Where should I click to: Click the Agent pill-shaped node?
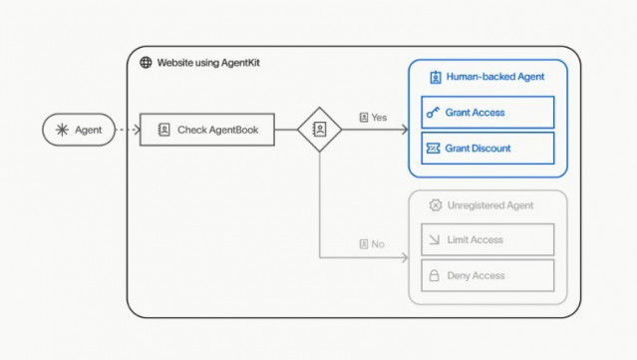point(79,130)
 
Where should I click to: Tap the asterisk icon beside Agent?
point(62,130)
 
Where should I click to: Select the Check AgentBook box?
point(205,130)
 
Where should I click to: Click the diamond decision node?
point(320,130)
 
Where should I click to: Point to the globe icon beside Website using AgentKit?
point(146,62)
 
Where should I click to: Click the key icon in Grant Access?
point(434,113)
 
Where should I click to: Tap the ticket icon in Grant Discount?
point(434,149)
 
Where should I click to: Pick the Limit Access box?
point(487,239)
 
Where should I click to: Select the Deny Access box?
point(487,275)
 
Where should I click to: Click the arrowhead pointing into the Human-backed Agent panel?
point(404,130)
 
